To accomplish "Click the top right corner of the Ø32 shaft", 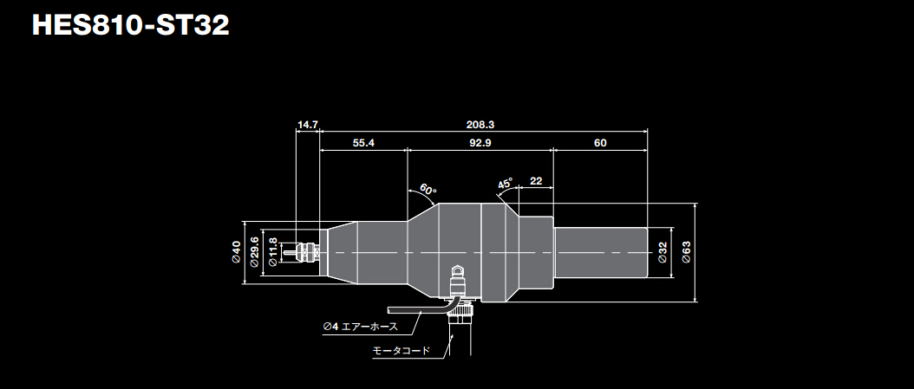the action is tap(647, 228).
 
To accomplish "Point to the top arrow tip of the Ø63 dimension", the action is tap(695, 204).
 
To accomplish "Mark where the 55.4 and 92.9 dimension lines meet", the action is tap(407, 150).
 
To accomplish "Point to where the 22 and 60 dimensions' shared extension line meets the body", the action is tap(552, 216).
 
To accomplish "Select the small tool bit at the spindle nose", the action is tap(289, 252).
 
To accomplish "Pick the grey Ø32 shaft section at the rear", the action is tap(600, 252).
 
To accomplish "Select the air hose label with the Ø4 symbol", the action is tap(360, 326).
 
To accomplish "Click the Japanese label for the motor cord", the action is tap(401, 351).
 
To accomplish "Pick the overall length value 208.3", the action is tap(480, 125).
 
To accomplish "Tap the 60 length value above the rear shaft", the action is tap(600, 143).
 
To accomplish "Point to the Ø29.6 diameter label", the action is tap(254, 252).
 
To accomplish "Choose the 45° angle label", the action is tap(506, 184).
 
